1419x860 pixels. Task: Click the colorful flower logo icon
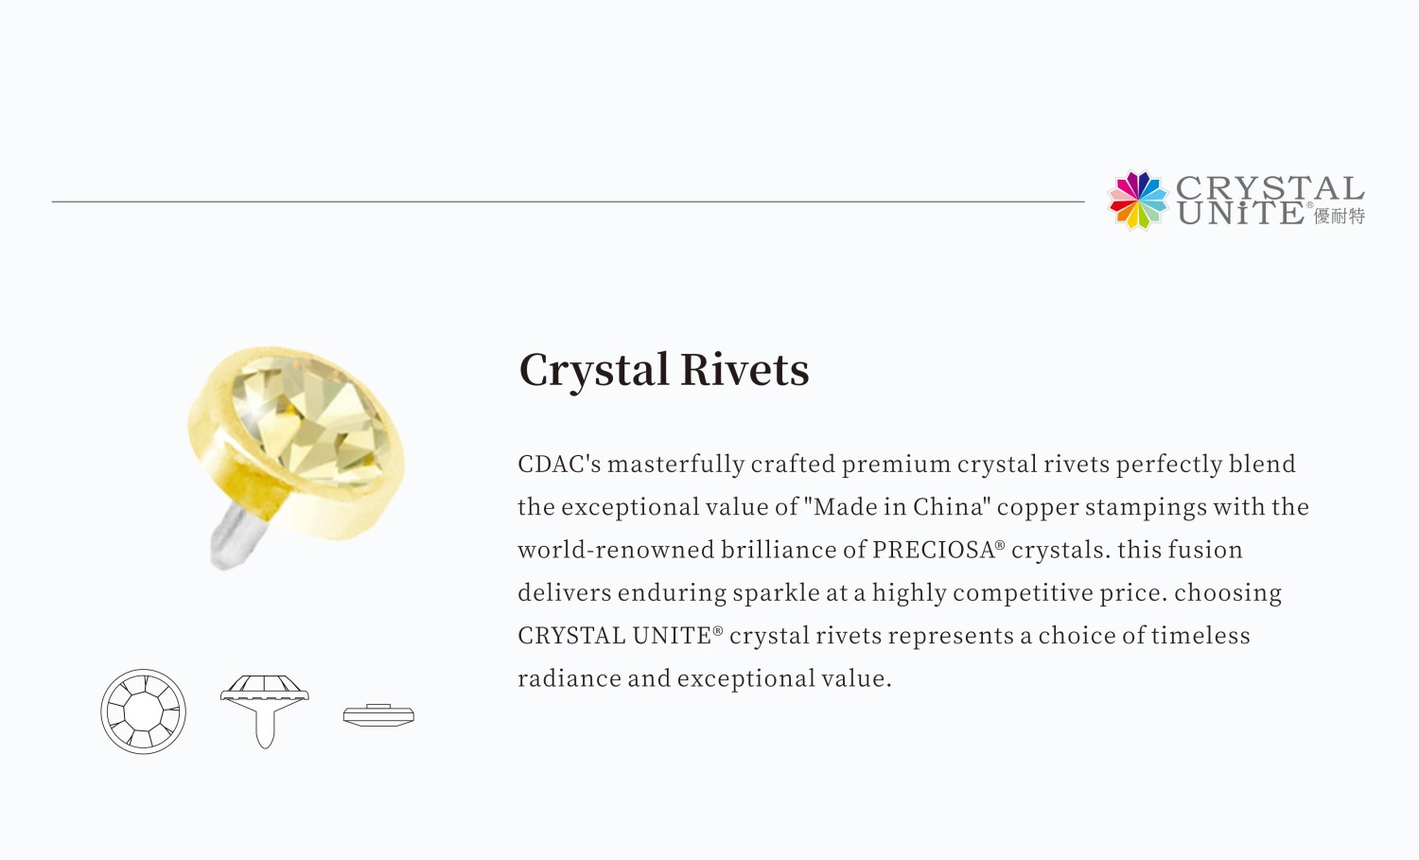coord(1138,201)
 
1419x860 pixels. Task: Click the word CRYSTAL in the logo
coord(1270,188)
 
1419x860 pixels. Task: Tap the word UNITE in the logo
coord(1241,213)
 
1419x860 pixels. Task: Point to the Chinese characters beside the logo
coord(1340,216)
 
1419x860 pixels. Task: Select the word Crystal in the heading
coord(593,371)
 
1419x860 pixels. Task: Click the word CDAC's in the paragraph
coord(559,464)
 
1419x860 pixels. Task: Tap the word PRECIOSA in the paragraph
coord(934,550)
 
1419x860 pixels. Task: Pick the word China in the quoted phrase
coord(952,506)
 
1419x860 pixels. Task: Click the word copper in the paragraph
coord(1038,508)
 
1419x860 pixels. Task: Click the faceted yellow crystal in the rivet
coord(310,421)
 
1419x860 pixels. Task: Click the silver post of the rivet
coord(238,535)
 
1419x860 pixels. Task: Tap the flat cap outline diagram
coord(378,715)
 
